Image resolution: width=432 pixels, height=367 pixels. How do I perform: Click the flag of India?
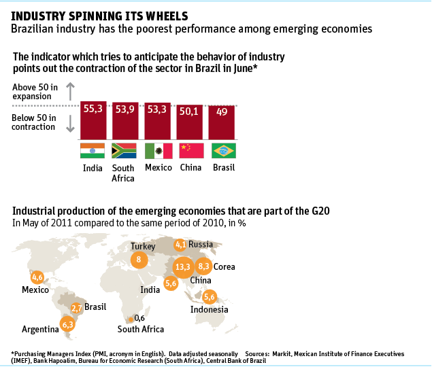pos(93,151)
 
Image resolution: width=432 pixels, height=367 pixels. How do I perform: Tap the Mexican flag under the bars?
pos(158,151)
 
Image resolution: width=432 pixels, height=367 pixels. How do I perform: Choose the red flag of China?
pos(190,151)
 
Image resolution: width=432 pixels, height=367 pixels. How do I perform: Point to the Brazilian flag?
pos(222,151)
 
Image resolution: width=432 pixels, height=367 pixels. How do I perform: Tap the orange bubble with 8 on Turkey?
pos(139,260)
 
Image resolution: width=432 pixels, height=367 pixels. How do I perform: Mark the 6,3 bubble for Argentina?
pos(67,324)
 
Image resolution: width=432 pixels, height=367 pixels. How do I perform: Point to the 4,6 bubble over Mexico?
pos(37,277)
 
